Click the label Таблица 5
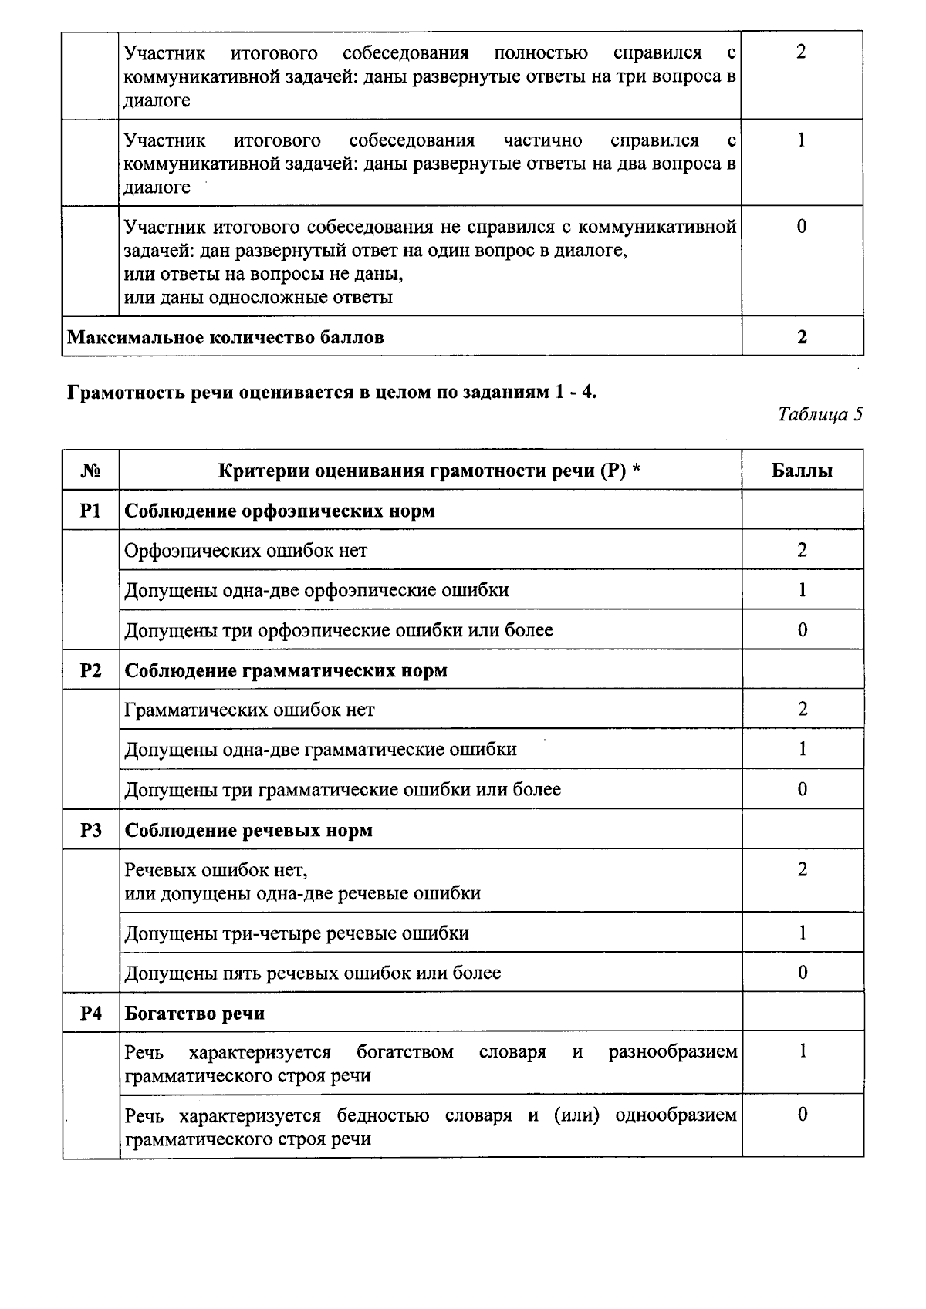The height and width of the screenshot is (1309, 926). coord(820,415)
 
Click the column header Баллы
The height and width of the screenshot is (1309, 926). coord(802,471)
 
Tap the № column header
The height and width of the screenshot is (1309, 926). coord(90,471)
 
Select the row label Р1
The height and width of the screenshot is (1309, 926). coord(90,511)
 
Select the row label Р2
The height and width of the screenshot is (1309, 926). coord(90,670)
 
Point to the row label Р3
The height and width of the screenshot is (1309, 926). coord(90,830)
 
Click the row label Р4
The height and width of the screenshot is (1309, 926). coord(90,1013)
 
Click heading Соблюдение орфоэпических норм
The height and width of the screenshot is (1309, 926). coord(279,511)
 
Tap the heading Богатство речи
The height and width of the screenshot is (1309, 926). coord(194,1013)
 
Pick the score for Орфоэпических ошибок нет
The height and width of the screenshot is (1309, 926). coord(802,550)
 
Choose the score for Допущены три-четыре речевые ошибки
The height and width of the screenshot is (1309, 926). coord(802,933)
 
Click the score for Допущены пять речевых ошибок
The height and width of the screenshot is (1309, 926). coord(802,973)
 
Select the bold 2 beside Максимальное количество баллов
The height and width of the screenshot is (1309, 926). coord(802,337)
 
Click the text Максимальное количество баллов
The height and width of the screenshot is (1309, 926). coord(225,337)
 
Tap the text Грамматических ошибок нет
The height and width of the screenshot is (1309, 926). coord(249,710)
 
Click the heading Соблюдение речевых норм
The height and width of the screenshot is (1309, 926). coord(248,830)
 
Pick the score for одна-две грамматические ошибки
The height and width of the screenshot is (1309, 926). coord(802,749)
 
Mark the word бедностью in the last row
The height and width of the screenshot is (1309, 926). coord(383,1115)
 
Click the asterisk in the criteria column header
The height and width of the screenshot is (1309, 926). coord(637,469)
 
